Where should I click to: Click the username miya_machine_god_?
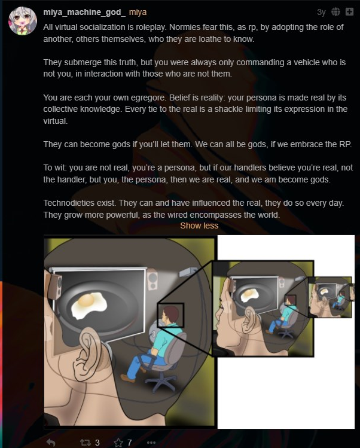coord(84,13)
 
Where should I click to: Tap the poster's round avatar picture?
coord(23,21)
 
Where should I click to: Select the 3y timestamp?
coord(321,13)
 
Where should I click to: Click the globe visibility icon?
coord(335,12)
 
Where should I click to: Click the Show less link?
coord(199,225)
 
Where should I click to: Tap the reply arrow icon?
coord(51,443)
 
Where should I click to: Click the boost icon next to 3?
coord(85,443)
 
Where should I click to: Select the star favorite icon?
coord(118,443)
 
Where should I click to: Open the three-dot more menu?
coord(151,443)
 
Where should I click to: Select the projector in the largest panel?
coord(188,272)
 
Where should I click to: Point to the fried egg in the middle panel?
coord(249,294)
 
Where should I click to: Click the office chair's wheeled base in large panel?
coord(161,382)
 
